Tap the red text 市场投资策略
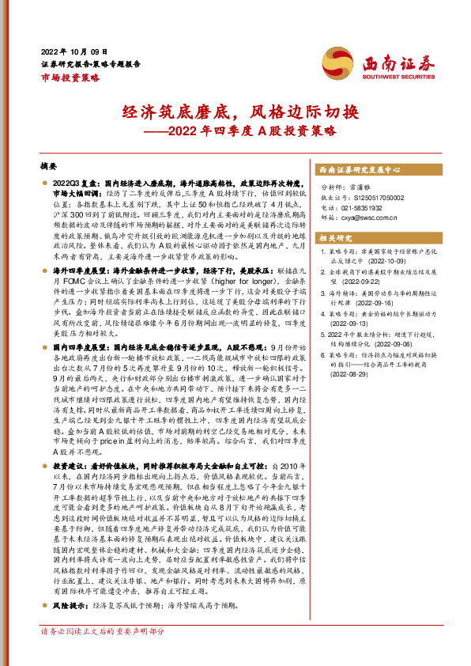pos(70,77)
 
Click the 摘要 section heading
pos(48,168)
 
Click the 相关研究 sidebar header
pos(337,237)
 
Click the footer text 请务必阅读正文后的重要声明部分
pos(103,653)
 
